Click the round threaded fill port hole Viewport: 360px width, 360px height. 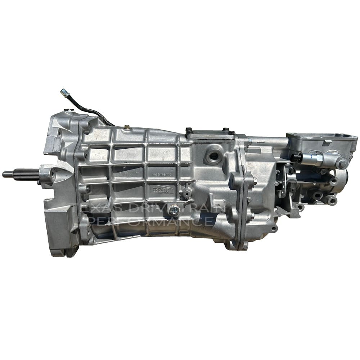[x=215, y=155]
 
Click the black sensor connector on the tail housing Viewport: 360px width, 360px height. [x=296, y=157]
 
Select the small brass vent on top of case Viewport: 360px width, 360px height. [x=127, y=127]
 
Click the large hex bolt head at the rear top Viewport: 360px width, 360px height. [x=342, y=163]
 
